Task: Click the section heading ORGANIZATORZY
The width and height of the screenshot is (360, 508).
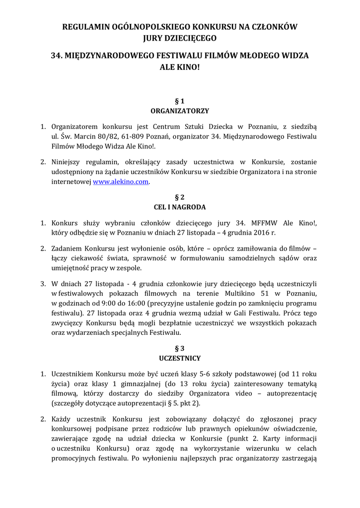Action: (180, 111)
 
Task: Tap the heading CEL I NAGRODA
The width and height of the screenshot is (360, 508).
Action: (180, 207)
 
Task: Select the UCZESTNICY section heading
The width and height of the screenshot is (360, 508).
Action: (180, 358)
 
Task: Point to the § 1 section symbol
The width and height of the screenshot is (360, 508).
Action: (180, 101)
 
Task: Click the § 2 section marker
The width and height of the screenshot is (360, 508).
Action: (180, 196)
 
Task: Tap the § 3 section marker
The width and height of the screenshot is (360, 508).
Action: (180, 348)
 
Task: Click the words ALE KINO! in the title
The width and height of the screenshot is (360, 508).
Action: (180, 66)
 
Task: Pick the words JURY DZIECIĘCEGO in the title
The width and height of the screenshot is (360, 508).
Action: (180, 37)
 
